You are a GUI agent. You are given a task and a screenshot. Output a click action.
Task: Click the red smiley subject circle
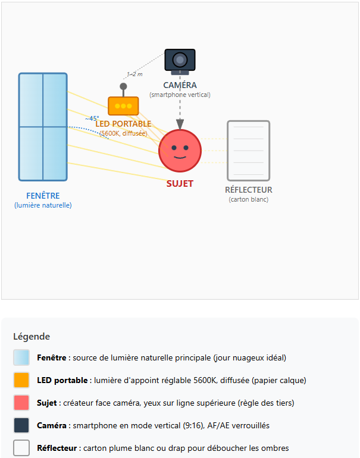180,151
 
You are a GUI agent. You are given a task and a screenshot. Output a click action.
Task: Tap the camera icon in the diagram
180,60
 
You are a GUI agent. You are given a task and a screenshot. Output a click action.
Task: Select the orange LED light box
123,106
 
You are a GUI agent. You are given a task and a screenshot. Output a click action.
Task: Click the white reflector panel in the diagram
248,150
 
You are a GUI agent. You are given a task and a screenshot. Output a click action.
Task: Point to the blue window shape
43,127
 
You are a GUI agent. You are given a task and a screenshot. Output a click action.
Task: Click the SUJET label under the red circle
180,184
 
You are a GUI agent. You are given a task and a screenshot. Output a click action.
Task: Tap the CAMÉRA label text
180,86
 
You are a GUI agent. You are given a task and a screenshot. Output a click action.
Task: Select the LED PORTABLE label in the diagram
123,124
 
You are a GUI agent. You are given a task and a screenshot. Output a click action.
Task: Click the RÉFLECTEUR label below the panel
248,190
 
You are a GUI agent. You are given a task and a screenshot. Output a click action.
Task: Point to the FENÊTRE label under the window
43,196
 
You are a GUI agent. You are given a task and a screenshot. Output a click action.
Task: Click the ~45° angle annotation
92,118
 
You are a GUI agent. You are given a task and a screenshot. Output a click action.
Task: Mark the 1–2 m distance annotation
134,74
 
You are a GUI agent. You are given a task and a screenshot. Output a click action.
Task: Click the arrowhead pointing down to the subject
180,124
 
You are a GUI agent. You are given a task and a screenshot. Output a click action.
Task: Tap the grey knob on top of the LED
123,86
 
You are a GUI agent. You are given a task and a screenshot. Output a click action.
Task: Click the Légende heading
32,337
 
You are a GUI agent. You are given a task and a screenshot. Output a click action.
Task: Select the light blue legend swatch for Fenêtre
21,357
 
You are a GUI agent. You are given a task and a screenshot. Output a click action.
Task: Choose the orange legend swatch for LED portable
21,380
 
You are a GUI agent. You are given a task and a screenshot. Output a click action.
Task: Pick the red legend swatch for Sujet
21,403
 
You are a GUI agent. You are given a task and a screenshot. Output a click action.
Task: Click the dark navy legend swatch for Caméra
21,425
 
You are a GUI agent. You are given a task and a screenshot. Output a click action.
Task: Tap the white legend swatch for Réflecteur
21,448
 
